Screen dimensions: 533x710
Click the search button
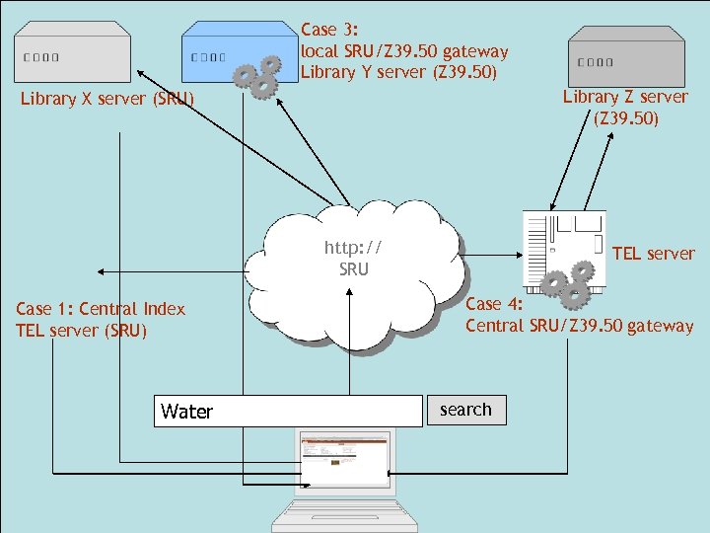[x=465, y=410]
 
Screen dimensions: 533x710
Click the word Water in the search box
[x=186, y=412]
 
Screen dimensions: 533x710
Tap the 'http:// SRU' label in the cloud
[x=353, y=259]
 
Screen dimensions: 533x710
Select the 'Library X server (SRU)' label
[x=107, y=99]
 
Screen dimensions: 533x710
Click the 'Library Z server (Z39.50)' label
[x=625, y=108]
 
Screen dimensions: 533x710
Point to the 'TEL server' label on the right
[x=653, y=254]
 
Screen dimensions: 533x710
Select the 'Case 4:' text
[x=496, y=304]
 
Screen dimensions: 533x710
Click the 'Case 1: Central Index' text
[x=101, y=309]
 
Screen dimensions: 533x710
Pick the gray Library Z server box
[x=626, y=55]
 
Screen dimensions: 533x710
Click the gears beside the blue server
[x=255, y=77]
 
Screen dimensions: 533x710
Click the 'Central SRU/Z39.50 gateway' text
[x=579, y=326]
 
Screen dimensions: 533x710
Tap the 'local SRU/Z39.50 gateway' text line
[x=404, y=51]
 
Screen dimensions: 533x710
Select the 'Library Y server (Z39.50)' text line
[x=398, y=72]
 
